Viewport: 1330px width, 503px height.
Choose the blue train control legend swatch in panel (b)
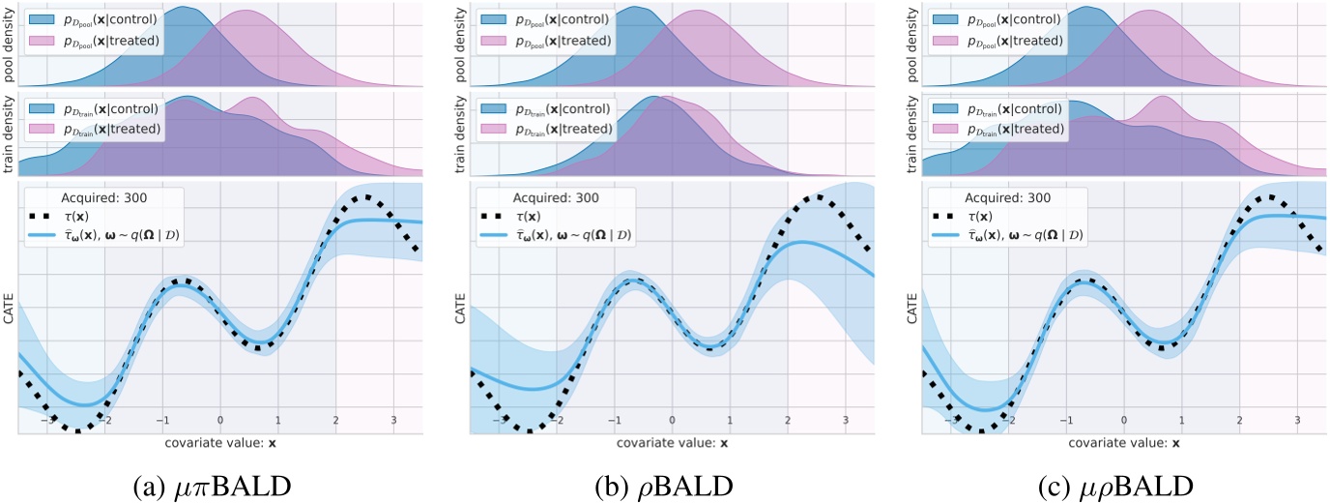(x=500, y=109)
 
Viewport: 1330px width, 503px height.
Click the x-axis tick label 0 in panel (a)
(x=220, y=421)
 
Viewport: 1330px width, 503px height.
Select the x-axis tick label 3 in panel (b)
(x=845, y=421)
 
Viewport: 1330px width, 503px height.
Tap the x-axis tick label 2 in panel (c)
(x=1239, y=421)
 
